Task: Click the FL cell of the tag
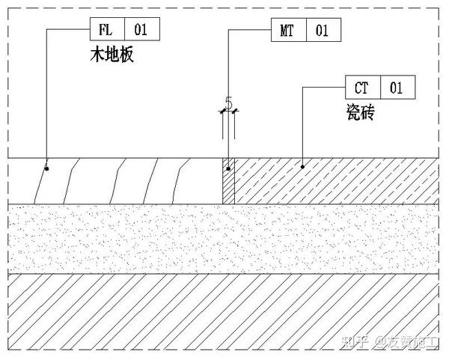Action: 106,30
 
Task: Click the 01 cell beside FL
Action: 141,30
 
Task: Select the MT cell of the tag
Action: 287,30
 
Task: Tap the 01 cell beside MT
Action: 323,30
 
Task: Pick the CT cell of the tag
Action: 362,88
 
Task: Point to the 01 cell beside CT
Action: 397,88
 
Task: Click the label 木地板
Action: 110,55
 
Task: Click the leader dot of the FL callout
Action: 46,168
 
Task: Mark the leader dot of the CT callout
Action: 302,165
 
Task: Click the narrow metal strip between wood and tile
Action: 229,180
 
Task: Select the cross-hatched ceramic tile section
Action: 337,180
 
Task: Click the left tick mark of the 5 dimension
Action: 223,112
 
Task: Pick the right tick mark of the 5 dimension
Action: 235,112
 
